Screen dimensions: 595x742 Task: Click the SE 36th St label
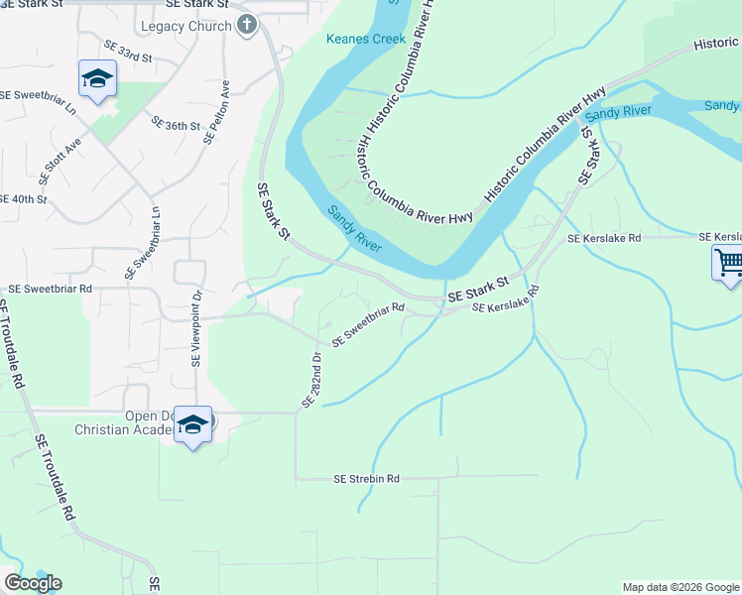pyautogui.click(x=176, y=125)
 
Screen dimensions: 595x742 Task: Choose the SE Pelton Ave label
pyautogui.click(x=217, y=112)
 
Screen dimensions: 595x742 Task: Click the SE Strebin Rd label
pyautogui.click(x=366, y=478)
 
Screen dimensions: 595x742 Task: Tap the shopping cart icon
pyautogui.click(x=728, y=264)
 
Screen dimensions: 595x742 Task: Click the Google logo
pyautogui.click(x=33, y=583)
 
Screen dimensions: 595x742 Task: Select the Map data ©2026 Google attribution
pyautogui.click(x=680, y=587)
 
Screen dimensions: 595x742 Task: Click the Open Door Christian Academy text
pyautogui.click(x=124, y=422)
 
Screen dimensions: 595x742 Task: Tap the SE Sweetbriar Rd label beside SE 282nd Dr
pyautogui.click(x=368, y=323)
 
